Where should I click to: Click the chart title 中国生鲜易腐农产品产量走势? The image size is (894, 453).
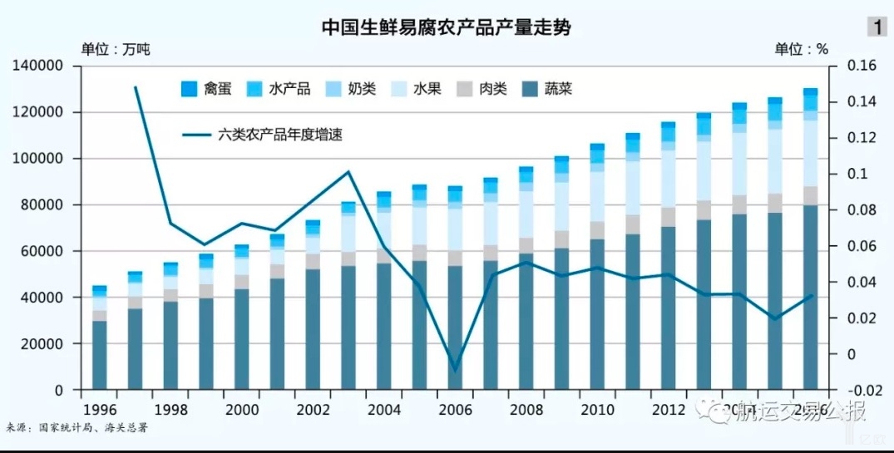click(447, 27)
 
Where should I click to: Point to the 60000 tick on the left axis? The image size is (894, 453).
click(42, 251)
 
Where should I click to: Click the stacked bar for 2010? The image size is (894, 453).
click(597, 266)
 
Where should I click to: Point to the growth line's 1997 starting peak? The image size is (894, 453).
click(135, 86)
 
